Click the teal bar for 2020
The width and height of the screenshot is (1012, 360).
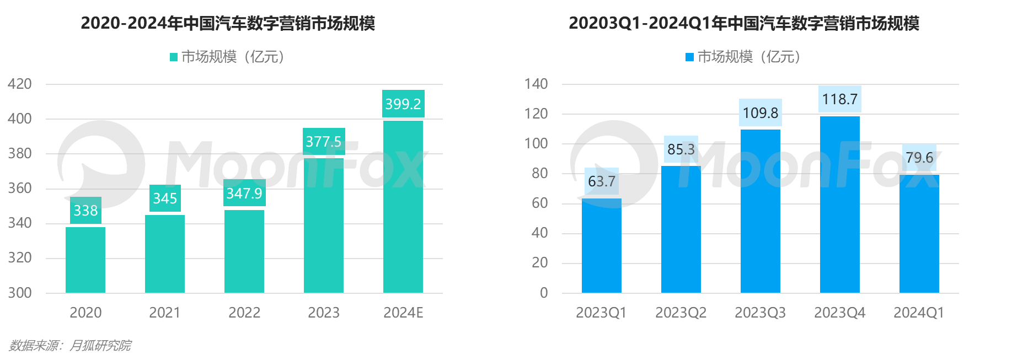(85, 260)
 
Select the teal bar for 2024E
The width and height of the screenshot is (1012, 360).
(403, 207)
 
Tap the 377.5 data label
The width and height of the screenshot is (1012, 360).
(324, 142)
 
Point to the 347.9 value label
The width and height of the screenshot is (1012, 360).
(244, 194)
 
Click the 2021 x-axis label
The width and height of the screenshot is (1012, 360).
(164, 313)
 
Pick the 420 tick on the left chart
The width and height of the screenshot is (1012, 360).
(20, 84)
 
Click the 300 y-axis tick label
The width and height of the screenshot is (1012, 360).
(20, 293)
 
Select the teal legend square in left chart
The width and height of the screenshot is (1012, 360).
(174, 57)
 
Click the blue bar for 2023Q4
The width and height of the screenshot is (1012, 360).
(840, 204)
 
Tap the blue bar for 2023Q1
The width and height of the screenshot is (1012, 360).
(602, 245)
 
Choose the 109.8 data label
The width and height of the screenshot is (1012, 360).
(761, 113)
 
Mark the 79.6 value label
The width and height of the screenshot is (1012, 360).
(919, 158)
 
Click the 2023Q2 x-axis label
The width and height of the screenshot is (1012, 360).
(681, 313)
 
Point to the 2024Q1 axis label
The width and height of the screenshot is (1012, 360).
(919, 313)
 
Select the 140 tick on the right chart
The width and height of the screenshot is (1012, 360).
(536, 84)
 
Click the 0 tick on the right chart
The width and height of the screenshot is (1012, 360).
(544, 293)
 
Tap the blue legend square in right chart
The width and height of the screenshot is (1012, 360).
(689, 57)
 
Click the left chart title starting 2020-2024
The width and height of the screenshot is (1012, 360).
(228, 23)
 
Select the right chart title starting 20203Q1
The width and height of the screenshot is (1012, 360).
(744, 23)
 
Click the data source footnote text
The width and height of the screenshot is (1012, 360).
(70, 346)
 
